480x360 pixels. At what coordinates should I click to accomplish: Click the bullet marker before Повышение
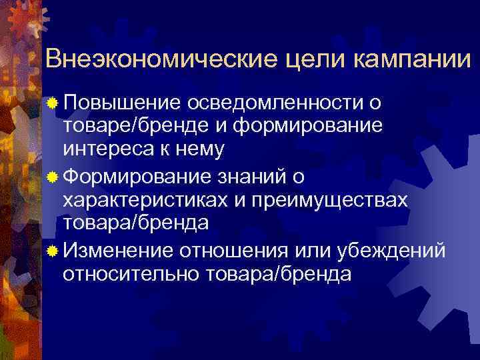pos(53,103)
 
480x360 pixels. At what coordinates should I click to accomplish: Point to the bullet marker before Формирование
pos(53,176)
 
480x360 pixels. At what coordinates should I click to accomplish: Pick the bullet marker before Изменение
pos(53,249)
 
